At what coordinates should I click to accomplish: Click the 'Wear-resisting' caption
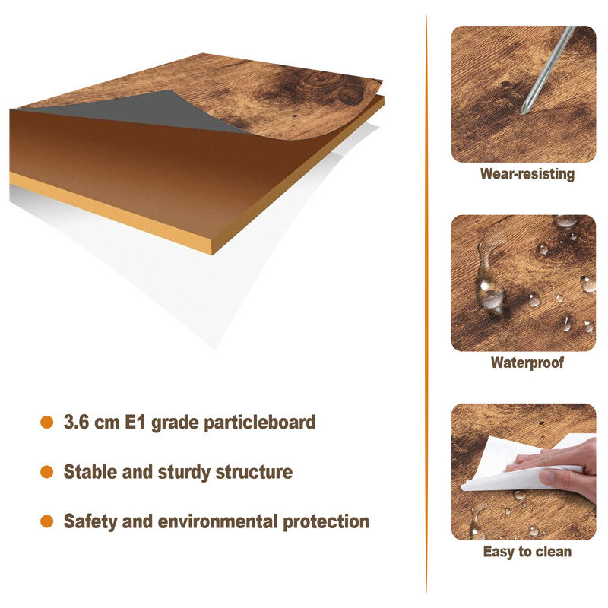click(527, 174)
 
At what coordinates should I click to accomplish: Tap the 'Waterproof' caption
click(527, 363)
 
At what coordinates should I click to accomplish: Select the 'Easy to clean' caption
click(527, 552)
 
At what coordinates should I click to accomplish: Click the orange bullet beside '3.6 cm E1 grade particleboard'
click(46, 423)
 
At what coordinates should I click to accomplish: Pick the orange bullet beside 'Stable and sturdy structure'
click(46, 472)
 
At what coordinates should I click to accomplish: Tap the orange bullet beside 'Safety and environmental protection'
click(46, 521)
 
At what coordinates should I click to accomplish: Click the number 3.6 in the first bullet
click(77, 422)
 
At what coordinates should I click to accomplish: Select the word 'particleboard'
click(260, 423)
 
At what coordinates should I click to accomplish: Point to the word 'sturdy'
click(184, 473)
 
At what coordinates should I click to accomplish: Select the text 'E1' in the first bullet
click(135, 422)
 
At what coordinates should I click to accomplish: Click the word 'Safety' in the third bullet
click(90, 522)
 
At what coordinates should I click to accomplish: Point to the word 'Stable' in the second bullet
click(90, 472)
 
